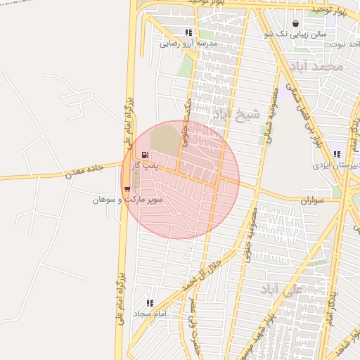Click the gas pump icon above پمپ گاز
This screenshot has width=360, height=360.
pos(145,155)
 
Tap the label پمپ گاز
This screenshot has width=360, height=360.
pos(147,167)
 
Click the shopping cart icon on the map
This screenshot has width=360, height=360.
pos(127,188)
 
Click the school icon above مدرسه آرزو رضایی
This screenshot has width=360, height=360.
pos(188,32)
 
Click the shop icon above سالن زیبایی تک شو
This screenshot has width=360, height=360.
pos(304,22)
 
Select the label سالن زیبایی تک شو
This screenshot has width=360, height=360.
pos(295,34)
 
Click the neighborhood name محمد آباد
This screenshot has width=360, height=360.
pos(320,67)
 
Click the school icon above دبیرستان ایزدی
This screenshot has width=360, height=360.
pos(337,154)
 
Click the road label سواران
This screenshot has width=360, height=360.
pos(315,200)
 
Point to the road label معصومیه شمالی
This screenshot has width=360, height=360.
pos(271,112)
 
